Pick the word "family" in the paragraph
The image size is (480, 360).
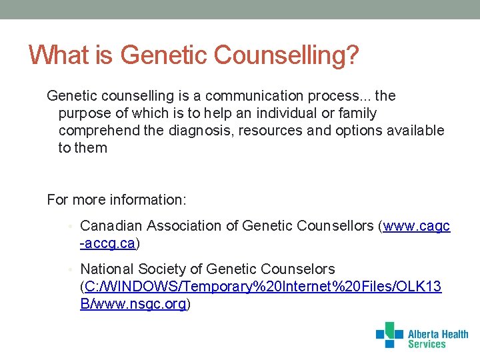click(x=357, y=113)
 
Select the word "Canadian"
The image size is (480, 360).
click(x=109, y=227)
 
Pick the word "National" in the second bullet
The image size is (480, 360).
click(x=107, y=269)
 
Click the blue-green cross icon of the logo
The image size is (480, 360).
click(x=389, y=335)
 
